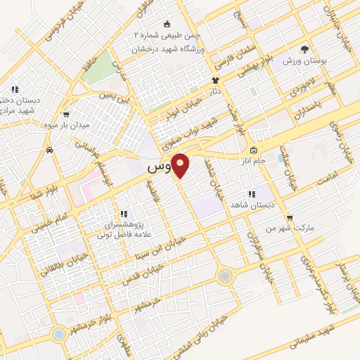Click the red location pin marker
click(x=181, y=165)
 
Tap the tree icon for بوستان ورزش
click(x=304, y=49)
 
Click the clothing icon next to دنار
click(x=216, y=80)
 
